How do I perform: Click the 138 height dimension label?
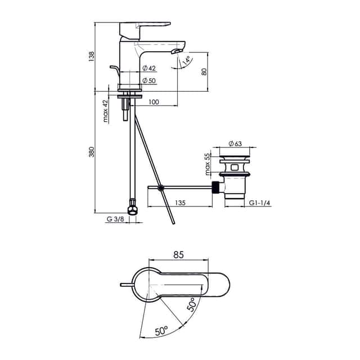(91, 56)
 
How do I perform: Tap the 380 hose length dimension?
(91, 152)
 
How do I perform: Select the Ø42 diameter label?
(149, 68)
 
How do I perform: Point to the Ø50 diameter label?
(149, 80)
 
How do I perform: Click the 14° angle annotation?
(186, 60)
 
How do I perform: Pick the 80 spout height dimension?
(204, 72)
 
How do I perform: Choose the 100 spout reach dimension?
(154, 102)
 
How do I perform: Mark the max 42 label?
(105, 111)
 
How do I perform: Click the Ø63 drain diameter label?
(235, 144)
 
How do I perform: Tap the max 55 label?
(207, 164)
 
